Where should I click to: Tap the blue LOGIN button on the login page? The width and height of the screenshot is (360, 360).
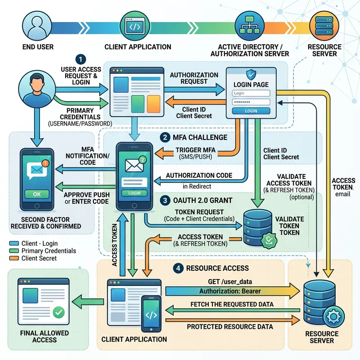(251, 111)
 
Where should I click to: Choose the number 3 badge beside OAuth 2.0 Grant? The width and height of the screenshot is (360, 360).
(165, 199)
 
